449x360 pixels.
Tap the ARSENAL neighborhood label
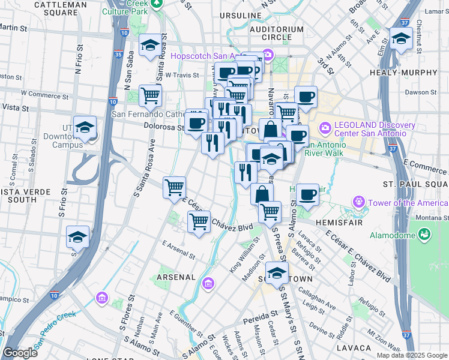[x=176, y=277]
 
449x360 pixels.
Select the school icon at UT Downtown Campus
[x=85, y=127]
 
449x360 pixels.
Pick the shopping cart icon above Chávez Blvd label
[x=199, y=221]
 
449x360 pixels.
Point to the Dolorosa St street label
[x=163, y=126]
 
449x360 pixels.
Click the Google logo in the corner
[x=20, y=353]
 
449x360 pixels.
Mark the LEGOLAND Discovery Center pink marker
[x=325, y=128]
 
